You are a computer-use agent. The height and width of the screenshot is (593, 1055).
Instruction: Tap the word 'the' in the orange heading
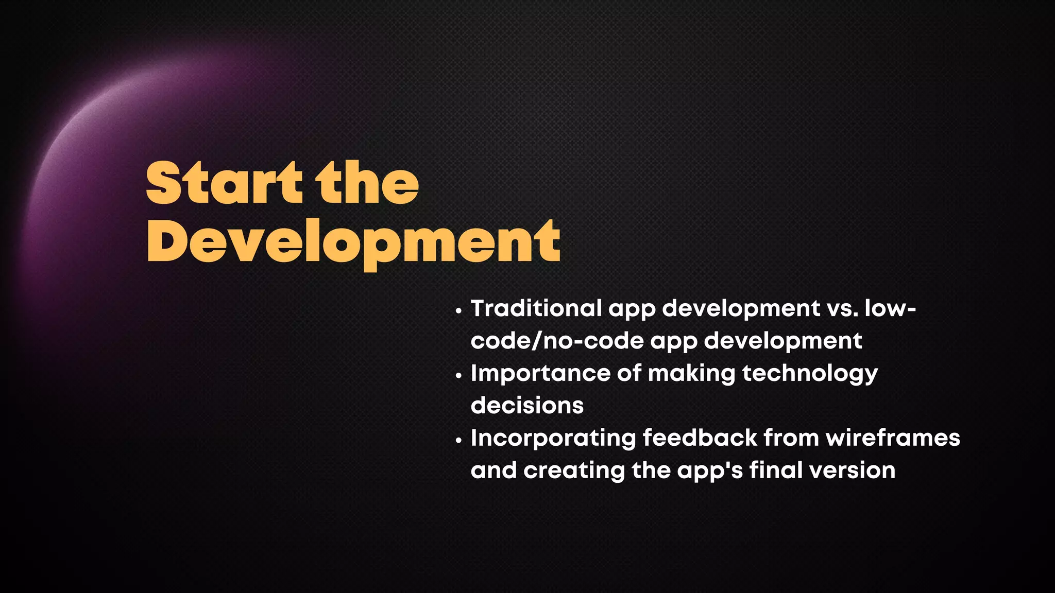[368, 183]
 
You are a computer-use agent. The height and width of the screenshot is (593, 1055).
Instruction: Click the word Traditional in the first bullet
[536, 308]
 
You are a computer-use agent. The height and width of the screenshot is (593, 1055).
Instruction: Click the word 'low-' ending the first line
[890, 308]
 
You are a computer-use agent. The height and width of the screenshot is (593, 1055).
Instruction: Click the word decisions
[527, 406]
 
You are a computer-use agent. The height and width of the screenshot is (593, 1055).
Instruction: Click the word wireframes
[893, 438]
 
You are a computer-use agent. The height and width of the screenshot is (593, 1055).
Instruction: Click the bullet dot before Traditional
[458, 311]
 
